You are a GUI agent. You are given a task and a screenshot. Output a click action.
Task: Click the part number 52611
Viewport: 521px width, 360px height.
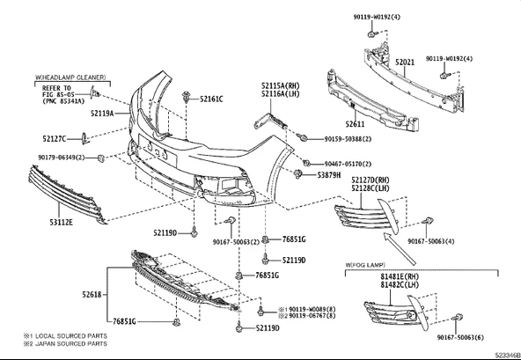[355, 124]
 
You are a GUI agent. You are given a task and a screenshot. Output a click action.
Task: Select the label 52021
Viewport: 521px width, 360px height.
[405, 62]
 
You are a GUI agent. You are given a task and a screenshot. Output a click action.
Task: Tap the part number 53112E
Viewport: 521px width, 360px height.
[61, 222]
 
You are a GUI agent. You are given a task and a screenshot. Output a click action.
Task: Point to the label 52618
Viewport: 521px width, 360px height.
[92, 295]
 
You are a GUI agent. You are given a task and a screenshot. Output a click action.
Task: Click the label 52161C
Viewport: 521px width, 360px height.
[211, 99]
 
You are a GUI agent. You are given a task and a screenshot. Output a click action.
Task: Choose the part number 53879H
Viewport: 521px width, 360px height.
[328, 175]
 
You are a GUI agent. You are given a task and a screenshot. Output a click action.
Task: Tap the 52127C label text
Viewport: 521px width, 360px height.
[55, 139]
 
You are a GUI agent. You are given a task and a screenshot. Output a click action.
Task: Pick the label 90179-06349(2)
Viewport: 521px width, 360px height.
[62, 158]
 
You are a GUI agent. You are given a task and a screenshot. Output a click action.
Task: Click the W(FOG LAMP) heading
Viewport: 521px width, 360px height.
[365, 265]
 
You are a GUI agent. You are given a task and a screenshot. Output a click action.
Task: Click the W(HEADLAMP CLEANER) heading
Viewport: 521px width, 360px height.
[70, 77]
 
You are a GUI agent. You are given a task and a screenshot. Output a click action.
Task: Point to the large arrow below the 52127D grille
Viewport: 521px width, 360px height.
[400, 248]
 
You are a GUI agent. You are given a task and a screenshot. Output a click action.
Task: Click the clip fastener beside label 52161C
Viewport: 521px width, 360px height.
[186, 98]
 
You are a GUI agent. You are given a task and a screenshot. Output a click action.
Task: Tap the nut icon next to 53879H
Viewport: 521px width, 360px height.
[298, 174]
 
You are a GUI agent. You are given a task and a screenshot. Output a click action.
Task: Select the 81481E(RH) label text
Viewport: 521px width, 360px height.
[400, 276]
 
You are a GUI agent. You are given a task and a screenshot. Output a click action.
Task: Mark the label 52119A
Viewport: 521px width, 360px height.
[102, 114]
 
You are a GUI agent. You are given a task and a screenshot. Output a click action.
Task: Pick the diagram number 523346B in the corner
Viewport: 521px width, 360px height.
[508, 355]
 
